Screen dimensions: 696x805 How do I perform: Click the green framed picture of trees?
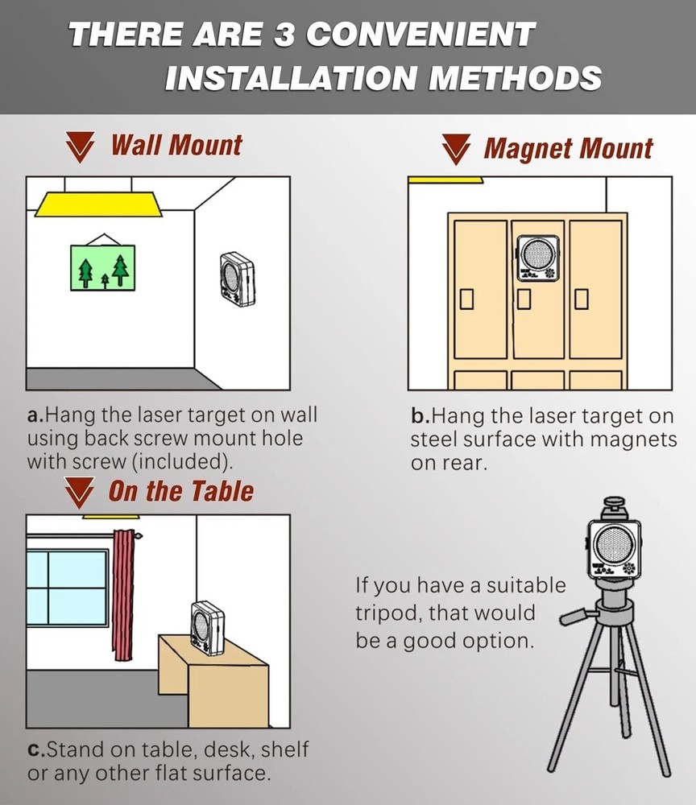pyautogui.click(x=103, y=267)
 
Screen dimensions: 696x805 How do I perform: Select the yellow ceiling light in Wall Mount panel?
pyautogui.click(x=98, y=204)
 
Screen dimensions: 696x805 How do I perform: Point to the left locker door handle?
pyautogui.click(x=466, y=299)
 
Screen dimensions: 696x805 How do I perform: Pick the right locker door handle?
pyautogui.click(x=581, y=299)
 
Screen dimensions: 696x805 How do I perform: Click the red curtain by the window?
pyautogui.click(x=123, y=595)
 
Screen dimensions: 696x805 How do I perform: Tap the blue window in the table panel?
pyautogui.click(x=68, y=587)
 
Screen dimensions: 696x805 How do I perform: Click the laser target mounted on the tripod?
pyautogui.click(x=614, y=549)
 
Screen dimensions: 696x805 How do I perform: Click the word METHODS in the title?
pyautogui.click(x=515, y=78)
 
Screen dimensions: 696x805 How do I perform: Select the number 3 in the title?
pyautogui.click(x=284, y=35)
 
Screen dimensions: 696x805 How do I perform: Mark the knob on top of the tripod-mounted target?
pyautogui.click(x=613, y=504)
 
